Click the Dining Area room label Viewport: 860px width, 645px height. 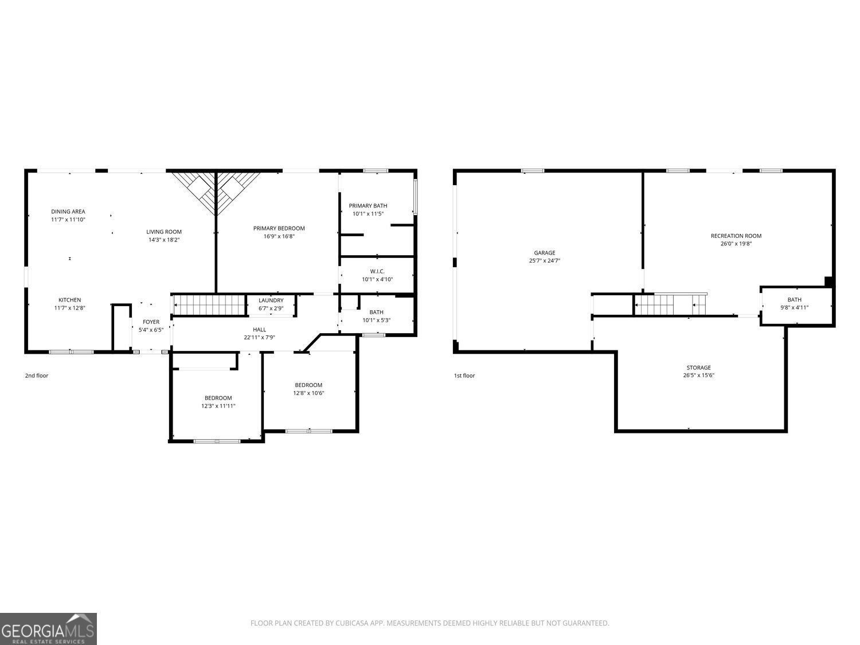(x=68, y=212)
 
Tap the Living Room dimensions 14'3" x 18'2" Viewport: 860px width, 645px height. (x=164, y=240)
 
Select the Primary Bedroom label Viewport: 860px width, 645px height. (x=279, y=228)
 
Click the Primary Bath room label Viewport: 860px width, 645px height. (x=368, y=206)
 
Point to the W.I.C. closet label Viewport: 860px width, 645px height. (x=377, y=271)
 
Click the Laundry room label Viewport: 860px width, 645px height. (x=271, y=300)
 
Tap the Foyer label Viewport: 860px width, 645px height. (x=151, y=322)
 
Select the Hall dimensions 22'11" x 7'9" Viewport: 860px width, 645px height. (x=259, y=338)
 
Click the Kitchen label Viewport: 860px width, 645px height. (x=69, y=300)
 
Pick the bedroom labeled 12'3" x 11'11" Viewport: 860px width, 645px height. (x=218, y=402)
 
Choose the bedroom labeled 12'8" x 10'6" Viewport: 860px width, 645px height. (x=308, y=389)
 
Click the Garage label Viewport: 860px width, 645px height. (x=544, y=253)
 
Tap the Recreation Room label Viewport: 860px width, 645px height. (x=736, y=236)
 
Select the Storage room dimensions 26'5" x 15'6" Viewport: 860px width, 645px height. (x=698, y=376)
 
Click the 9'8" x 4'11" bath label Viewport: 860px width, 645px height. (x=794, y=303)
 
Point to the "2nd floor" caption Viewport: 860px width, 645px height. (x=37, y=376)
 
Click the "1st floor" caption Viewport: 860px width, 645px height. (x=464, y=376)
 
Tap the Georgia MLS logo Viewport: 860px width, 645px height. (x=48, y=628)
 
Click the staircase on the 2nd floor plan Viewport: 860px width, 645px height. (x=209, y=305)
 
